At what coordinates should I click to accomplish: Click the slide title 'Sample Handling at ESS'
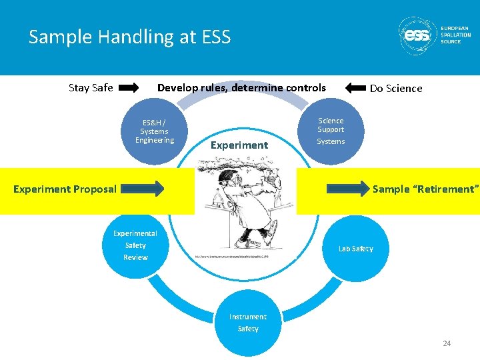(129, 37)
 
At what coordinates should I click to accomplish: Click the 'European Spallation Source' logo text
(455, 35)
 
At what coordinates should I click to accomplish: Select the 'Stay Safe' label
(91, 87)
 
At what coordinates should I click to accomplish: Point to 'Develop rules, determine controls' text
(241, 87)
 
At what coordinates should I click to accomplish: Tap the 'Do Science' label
(396, 88)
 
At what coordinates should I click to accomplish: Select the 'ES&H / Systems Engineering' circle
(154, 131)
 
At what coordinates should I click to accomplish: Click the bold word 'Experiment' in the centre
(239, 145)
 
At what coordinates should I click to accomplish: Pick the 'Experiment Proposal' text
(65, 189)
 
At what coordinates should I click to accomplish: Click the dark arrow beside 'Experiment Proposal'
(143, 189)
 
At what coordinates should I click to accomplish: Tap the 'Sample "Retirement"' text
(425, 189)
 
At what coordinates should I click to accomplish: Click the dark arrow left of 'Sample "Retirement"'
(349, 189)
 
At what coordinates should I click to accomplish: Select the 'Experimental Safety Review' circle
(135, 245)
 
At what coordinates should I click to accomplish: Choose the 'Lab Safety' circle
(355, 249)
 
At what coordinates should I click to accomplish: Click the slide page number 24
(447, 343)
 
